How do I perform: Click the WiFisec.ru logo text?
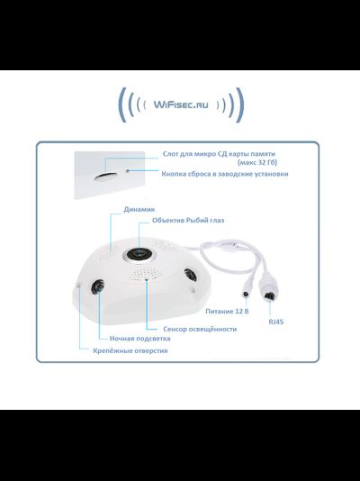click(x=179, y=104)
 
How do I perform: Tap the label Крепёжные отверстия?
click(x=130, y=350)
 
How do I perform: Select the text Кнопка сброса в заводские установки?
click(x=225, y=173)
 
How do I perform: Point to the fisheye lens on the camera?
click(x=142, y=255)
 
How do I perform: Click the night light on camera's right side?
click(x=190, y=276)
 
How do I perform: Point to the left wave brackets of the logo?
click(x=128, y=105)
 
